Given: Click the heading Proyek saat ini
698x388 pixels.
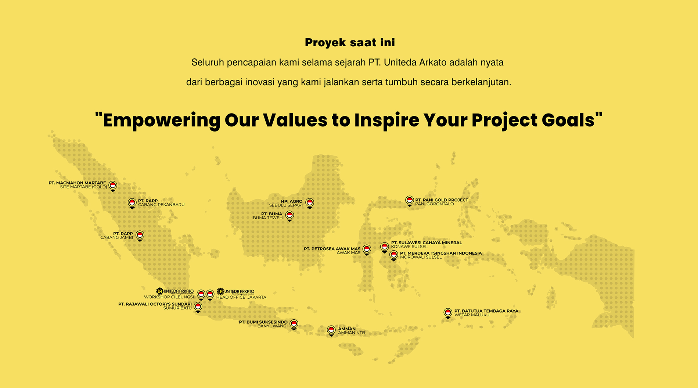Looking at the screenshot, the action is (350, 43).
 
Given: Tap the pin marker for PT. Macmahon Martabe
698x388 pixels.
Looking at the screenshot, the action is (113, 186).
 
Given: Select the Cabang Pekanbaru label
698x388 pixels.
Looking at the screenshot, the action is (161, 205).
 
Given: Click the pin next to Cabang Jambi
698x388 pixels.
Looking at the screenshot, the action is (140, 236).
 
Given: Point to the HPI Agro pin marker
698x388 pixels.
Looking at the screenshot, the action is (310, 203).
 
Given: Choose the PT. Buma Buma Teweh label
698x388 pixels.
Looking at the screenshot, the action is (267, 216).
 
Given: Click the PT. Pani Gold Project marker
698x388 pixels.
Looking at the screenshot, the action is (410, 201).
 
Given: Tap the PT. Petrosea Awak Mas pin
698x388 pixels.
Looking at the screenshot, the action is (367, 249).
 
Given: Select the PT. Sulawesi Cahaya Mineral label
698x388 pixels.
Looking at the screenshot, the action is (426, 242).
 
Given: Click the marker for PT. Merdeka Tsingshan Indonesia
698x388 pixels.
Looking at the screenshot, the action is (394, 255).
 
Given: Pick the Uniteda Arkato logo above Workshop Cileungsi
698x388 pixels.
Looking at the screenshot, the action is (175, 291).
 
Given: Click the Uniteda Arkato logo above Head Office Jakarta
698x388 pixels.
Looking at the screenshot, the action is (235, 291).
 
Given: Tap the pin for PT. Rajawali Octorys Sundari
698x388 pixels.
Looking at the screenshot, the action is (198, 307).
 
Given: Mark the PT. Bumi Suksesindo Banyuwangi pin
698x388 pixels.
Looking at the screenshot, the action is (294, 324).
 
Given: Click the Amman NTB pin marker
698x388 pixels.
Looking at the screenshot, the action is (331, 330).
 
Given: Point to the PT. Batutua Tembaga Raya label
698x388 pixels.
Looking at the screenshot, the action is (486, 311).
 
